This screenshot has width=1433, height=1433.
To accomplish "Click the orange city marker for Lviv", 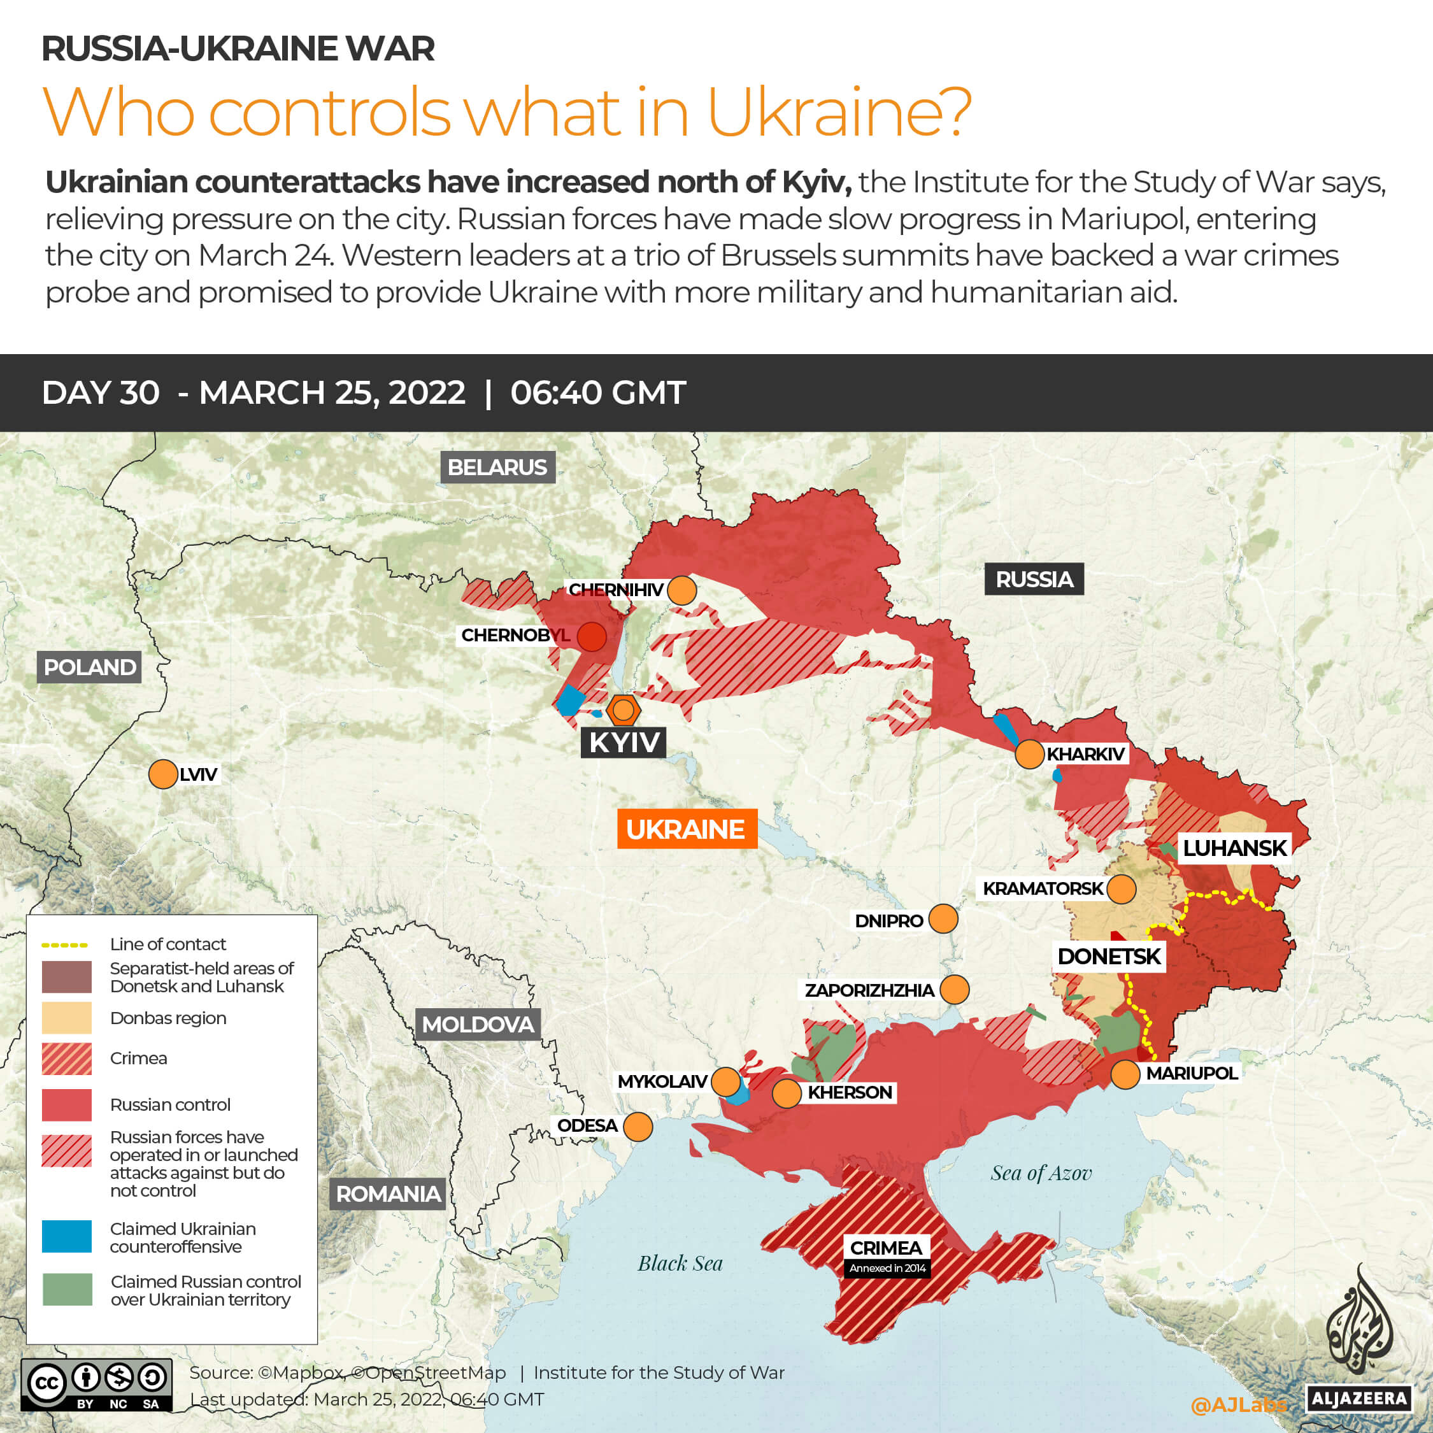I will tap(162, 774).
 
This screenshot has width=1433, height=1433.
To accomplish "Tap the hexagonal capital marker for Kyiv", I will tap(623, 710).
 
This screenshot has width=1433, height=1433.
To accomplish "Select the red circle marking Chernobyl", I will tap(591, 636).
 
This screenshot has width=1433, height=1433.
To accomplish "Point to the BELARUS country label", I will tap(497, 467).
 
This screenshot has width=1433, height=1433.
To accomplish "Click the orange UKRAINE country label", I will tap(686, 829).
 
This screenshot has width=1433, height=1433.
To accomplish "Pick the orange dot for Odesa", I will tap(638, 1127).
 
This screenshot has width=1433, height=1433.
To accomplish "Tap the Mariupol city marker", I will tap(1125, 1074).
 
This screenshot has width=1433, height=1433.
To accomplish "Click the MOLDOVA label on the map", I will tap(478, 1024).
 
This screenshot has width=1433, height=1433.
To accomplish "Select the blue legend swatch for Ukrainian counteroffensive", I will tap(67, 1236).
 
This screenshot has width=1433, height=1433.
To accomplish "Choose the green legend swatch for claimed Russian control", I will tap(67, 1290).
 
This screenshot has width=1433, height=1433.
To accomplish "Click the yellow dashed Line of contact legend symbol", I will tap(64, 945).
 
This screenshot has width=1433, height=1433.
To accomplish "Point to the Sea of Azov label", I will tap(1041, 1173).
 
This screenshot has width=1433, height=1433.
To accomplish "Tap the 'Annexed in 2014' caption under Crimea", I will tap(887, 1268).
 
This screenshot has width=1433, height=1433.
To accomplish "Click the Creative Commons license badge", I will tap(96, 1384).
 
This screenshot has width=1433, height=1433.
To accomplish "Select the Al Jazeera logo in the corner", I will tap(1359, 1343).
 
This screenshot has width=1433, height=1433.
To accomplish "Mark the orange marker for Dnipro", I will tap(943, 919).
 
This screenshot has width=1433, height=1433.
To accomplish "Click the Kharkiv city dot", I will tap(1029, 754).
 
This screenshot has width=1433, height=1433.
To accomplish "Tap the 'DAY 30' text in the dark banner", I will tap(101, 392).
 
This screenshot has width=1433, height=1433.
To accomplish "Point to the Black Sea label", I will tap(680, 1263).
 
